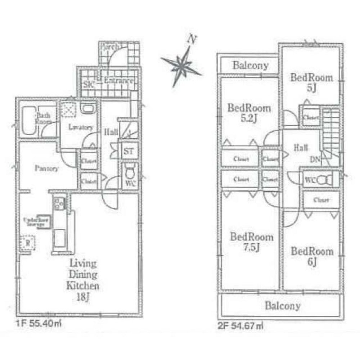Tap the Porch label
[109, 47]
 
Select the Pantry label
[46, 168]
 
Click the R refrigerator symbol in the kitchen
[27, 242]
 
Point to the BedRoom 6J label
[312, 256]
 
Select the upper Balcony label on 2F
[251, 66]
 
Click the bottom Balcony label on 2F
[283, 306]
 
